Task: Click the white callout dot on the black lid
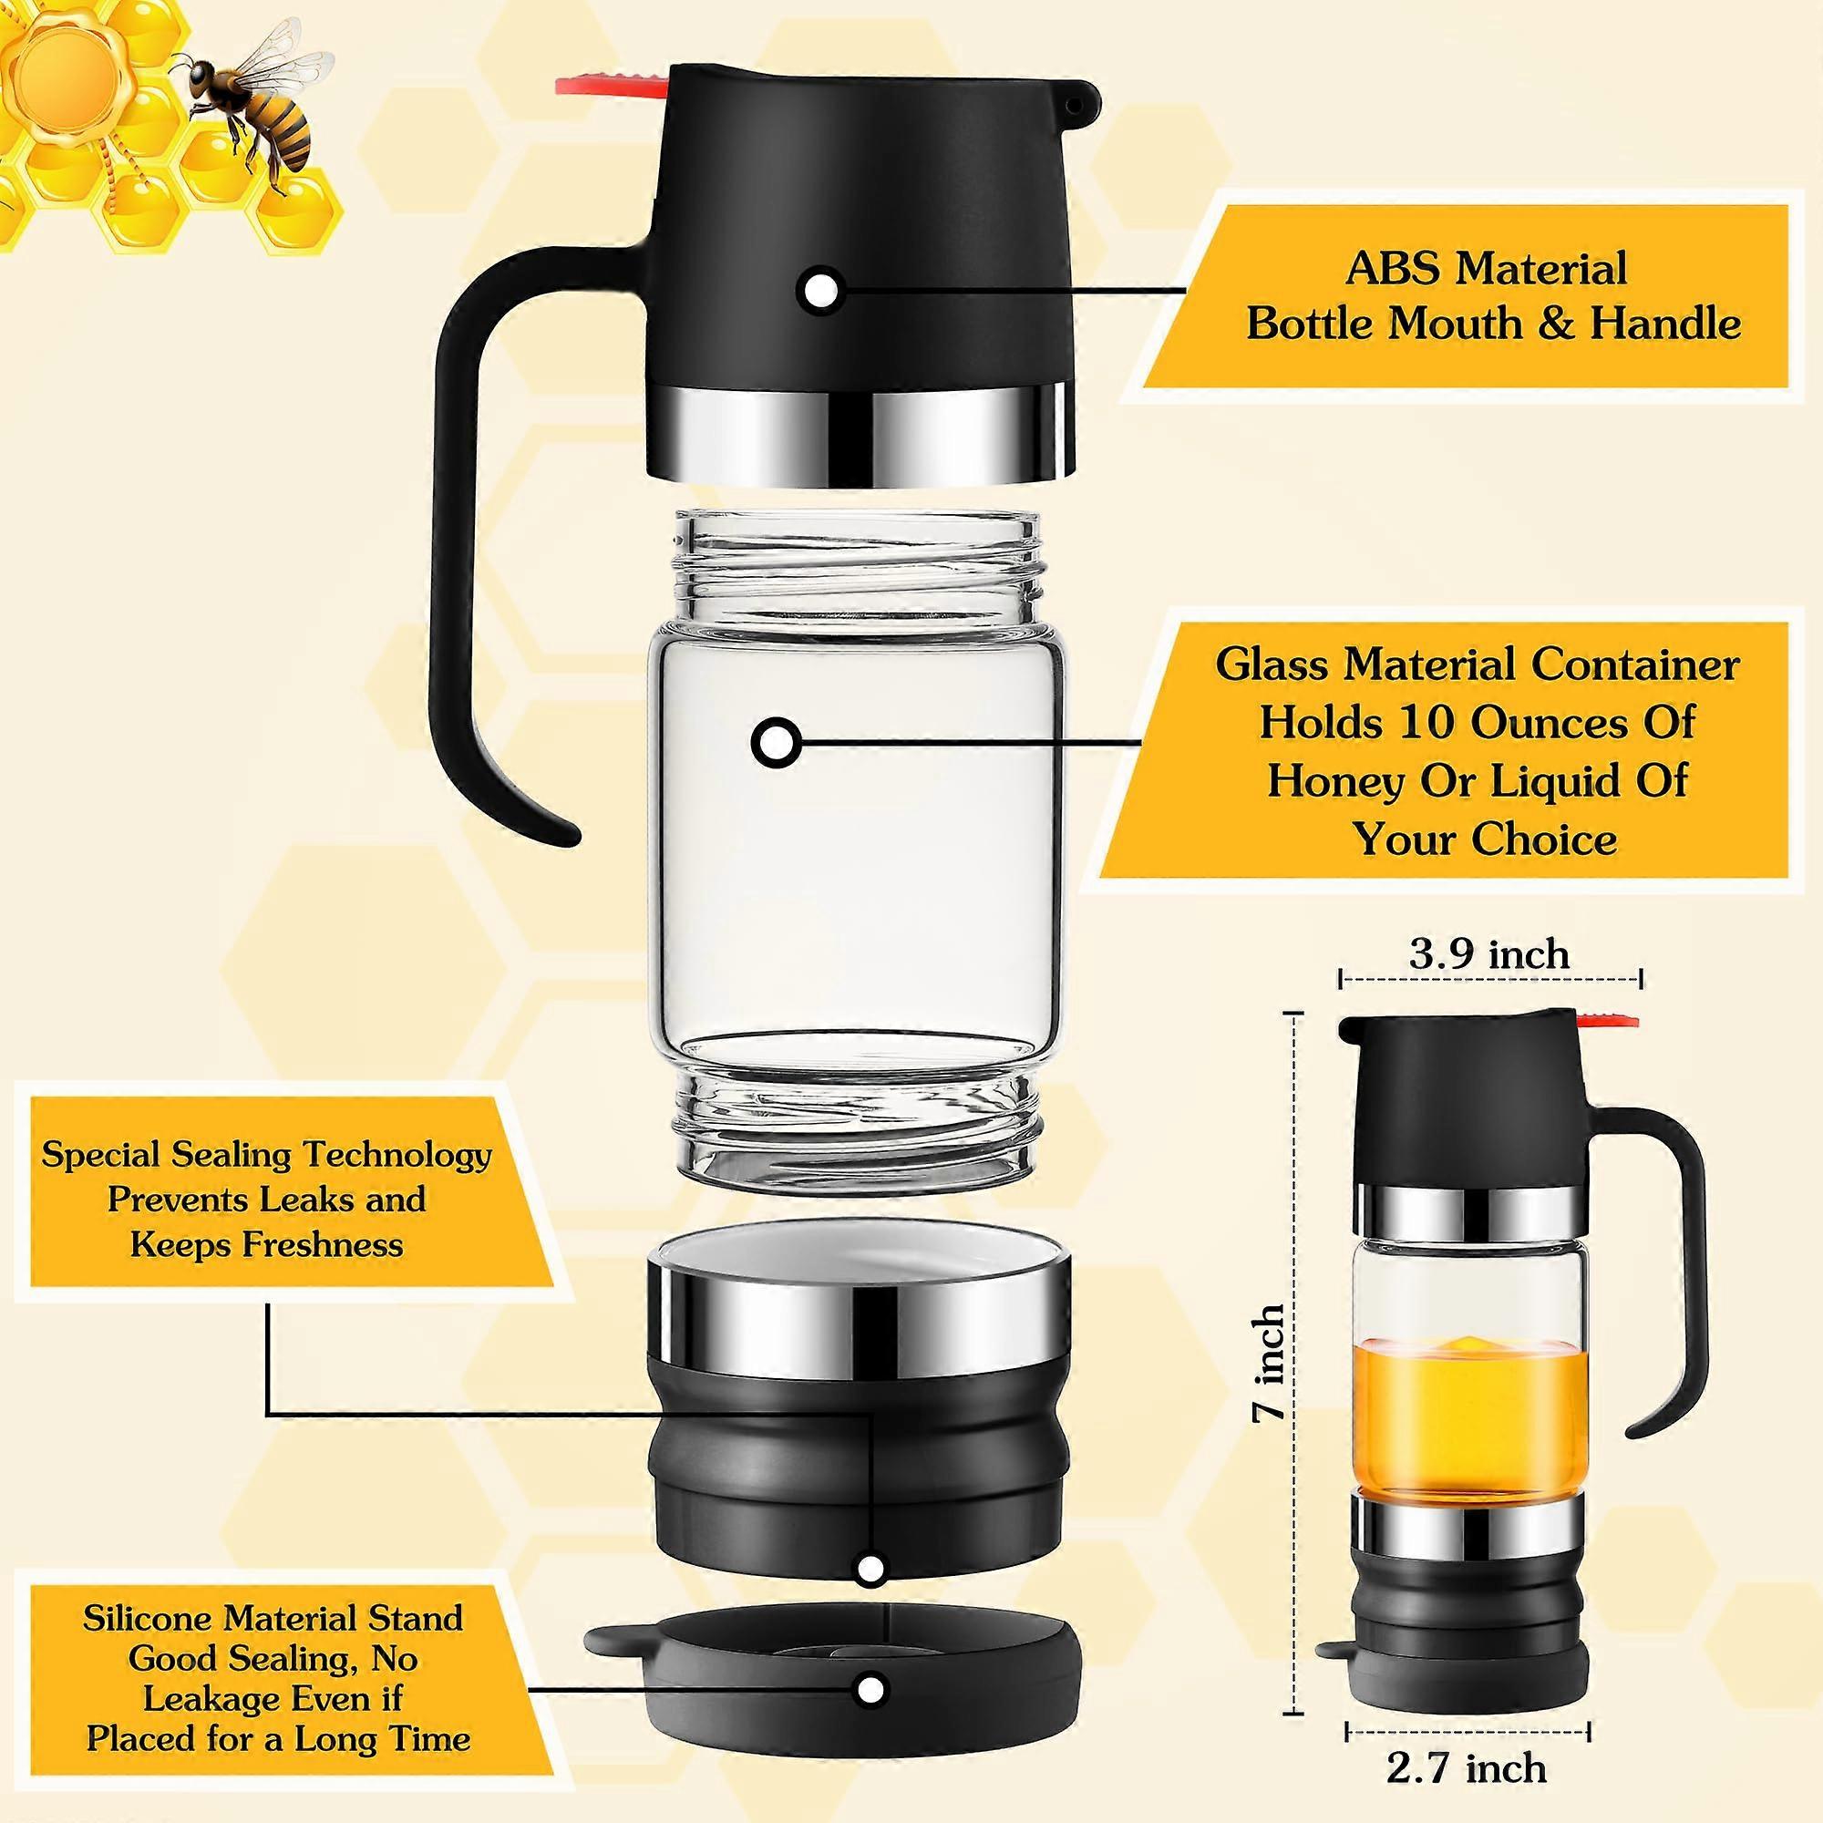point(819,290)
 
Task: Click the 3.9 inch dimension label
point(1490,954)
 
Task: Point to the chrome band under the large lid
point(860,428)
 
